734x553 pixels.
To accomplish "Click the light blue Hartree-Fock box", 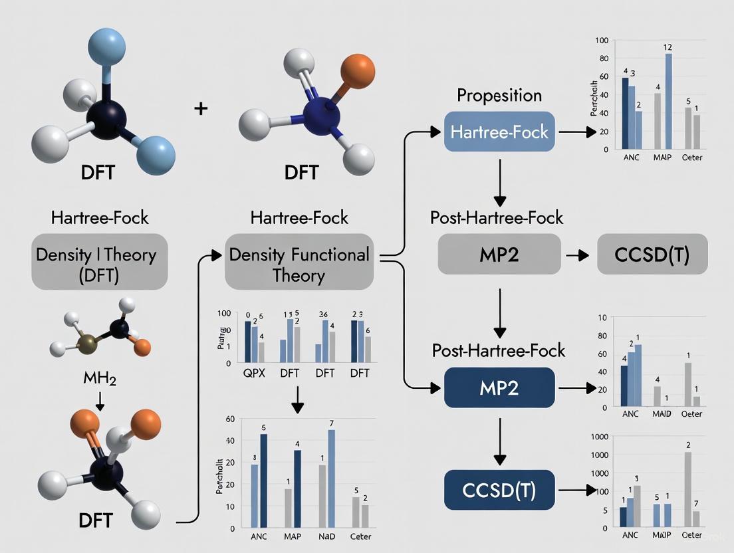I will point(499,132).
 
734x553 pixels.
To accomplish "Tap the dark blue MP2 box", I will point(499,387).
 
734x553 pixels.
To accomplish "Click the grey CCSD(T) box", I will point(652,255).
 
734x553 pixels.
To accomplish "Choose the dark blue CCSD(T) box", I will point(499,491).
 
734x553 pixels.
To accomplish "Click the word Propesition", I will point(499,95).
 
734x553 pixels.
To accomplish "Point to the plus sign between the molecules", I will point(201,108).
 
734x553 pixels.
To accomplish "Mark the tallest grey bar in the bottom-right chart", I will point(688,489).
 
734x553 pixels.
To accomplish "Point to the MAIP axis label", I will point(662,158).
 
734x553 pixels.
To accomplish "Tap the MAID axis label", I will point(661,413).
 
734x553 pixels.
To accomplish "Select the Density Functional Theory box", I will point(299,264).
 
